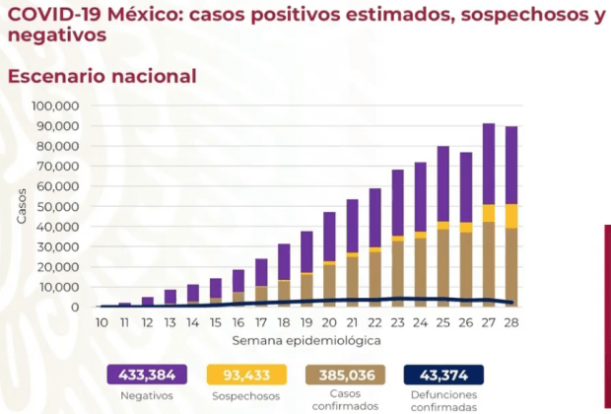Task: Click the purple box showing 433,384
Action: coord(148,374)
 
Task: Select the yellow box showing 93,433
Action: coord(246,374)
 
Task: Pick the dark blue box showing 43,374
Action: coord(443,374)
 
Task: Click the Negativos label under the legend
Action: coord(148,394)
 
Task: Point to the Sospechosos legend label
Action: coord(246,394)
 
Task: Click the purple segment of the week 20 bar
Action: coord(329,237)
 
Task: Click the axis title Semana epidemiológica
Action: coord(306,339)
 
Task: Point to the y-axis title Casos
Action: coord(22,206)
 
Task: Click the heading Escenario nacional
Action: coord(102,76)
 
